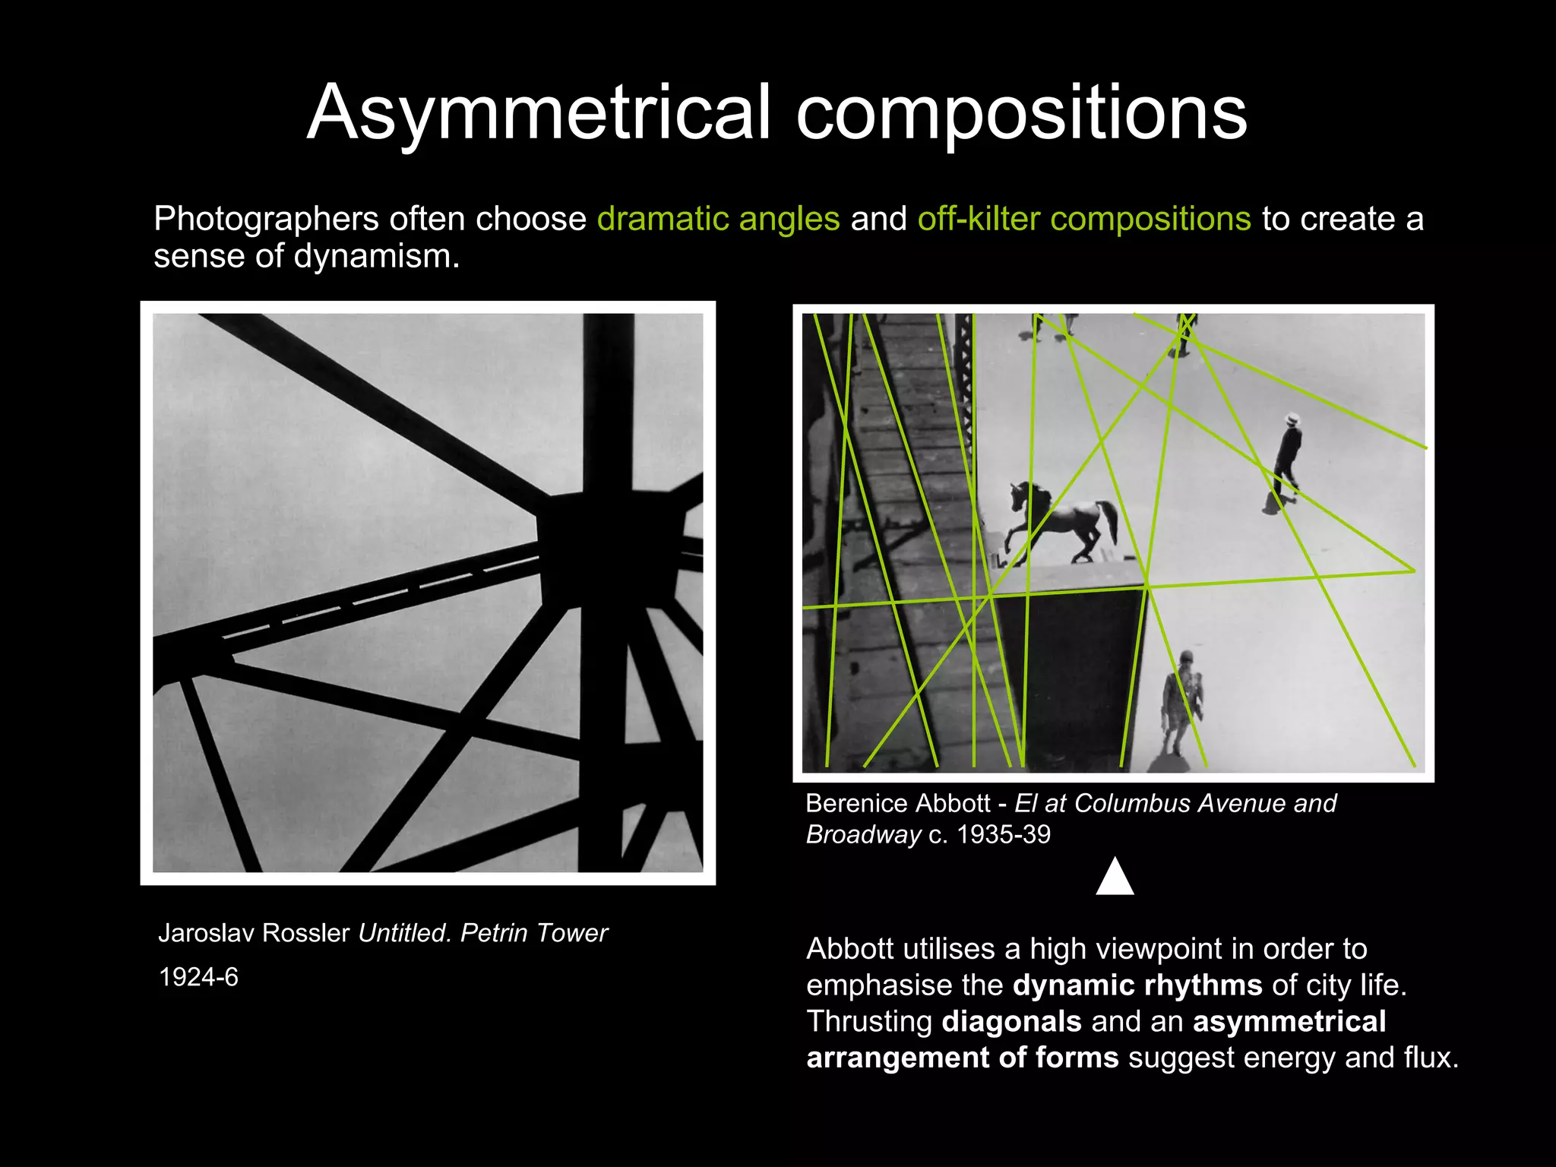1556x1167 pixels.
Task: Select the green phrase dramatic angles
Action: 718,219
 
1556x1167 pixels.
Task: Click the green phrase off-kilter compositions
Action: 1084,219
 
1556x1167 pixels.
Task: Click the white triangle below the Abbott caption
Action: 1115,878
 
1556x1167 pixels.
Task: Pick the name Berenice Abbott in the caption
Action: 897,803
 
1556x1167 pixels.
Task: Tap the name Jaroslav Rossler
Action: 254,933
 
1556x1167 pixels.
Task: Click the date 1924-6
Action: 198,977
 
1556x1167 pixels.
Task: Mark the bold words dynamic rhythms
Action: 1137,985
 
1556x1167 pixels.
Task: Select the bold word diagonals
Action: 1011,1022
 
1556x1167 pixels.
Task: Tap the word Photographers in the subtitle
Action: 266,219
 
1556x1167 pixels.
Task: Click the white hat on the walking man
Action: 1291,419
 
